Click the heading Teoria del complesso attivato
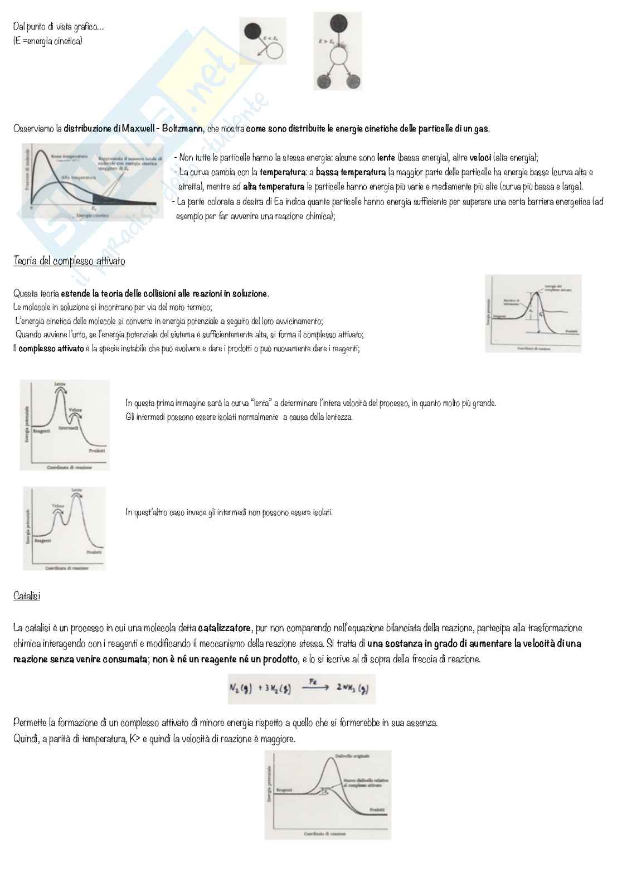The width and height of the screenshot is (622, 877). pos(69,261)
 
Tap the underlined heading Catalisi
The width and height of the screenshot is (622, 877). pos(26,596)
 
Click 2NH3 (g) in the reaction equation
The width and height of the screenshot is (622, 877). pos(351,689)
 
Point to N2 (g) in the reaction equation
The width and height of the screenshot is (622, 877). pos(241,689)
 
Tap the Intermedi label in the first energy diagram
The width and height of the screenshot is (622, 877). pos(68,428)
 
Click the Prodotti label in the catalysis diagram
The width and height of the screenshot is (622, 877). pos(377,809)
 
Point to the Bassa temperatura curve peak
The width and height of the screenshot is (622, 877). pos(40,153)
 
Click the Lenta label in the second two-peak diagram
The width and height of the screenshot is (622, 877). pos(76,490)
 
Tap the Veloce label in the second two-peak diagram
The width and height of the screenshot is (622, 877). pos(58,506)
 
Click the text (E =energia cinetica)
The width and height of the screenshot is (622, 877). pos(48,41)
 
